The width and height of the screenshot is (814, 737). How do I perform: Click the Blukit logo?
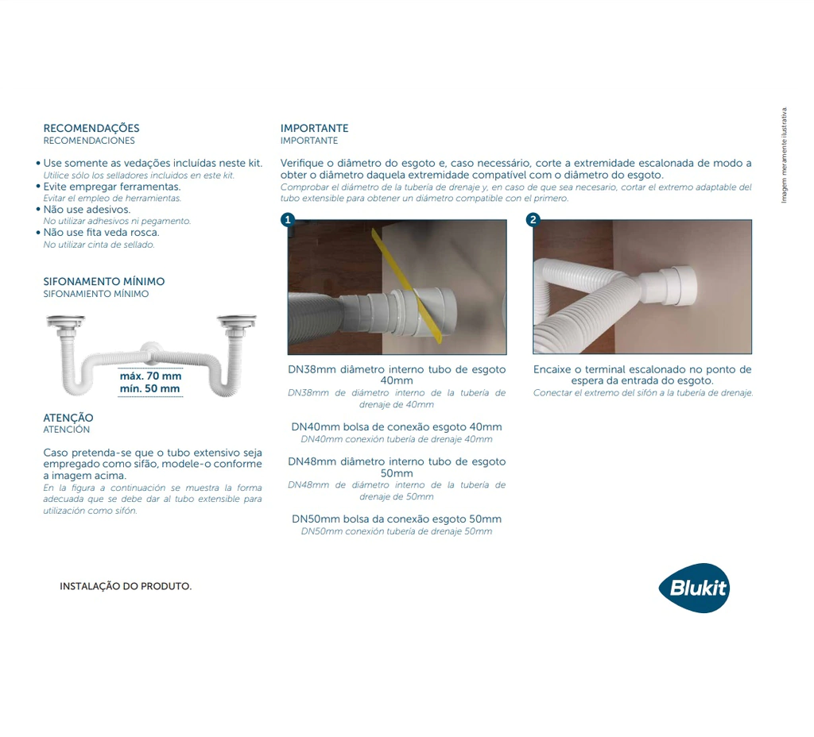click(x=694, y=588)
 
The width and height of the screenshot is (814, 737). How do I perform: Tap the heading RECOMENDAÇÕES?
click(x=91, y=128)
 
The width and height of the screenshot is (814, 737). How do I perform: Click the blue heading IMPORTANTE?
click(x=314, y=128)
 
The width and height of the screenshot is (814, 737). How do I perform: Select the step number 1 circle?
click(x=288, y=219)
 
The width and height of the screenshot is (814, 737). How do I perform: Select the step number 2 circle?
click(x=533, y=219)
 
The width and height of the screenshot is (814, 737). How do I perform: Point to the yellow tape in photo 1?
click(x=409, y=287)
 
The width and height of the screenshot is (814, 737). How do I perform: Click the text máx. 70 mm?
click(x=150, y=376)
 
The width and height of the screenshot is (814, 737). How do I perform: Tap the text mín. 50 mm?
click(x=149, y=388)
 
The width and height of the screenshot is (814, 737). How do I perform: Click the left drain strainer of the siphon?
click(x=65, y=322)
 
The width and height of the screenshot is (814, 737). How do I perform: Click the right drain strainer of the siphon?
click(x=237, y=322)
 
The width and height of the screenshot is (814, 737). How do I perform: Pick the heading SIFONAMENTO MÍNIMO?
click(x=104, y=282)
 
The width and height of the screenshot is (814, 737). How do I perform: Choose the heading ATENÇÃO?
click(x=68, y=418)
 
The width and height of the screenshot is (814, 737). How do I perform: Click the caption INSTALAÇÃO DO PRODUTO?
click(x=126, y=586)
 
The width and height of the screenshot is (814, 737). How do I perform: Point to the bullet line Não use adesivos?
click(x=87, y=210)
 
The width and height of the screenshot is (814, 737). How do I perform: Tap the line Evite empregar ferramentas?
click(x=111, y=187)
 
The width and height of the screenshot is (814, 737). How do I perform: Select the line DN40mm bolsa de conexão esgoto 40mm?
click(x=397, y=426)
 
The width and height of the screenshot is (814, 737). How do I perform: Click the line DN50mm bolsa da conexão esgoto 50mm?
click(x=397, y=519)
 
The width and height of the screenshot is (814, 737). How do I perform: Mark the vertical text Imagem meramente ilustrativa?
click(x=784, y=155)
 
